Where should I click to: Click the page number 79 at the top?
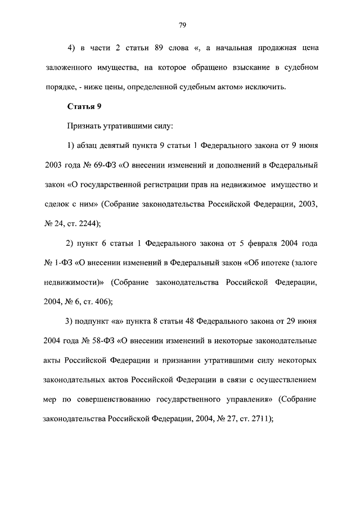point(182,25)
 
